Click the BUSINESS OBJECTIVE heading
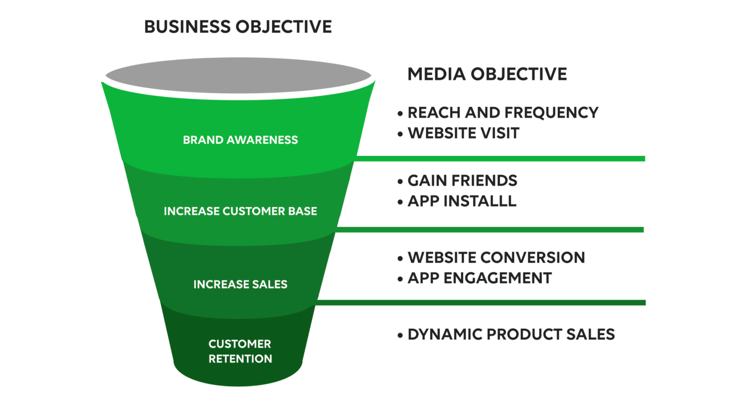click(x=238, y=27)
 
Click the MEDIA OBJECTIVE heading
click(x=487, y=74)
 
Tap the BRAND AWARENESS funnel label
click(x=240, y=140)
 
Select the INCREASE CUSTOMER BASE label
click(x=240, y=211)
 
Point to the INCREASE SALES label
click(x=240, y=284)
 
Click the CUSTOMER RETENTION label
click(x=240, y=351)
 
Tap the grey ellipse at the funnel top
click(x=238, y=75)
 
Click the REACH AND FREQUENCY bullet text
click(x=503, y=113)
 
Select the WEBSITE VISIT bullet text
click(x=463, y=133)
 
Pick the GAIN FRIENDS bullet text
click(x=462, y=181)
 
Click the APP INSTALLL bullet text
click(x=462, y=201)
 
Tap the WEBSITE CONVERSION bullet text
click(x=496, y=258)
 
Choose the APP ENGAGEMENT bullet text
click(x=480, y=278)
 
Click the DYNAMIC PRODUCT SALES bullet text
click(x=511, y=335)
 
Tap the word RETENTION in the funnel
click(x=240, y=359)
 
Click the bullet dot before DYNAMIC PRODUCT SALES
click(x=400, y=335)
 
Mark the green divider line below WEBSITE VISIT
click(x=500, y=159)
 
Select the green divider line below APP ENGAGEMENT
click(x=481, y=303)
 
